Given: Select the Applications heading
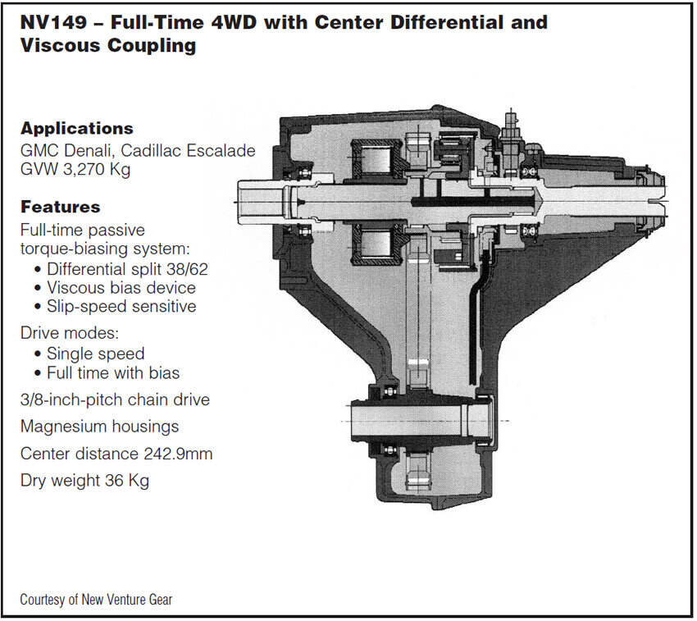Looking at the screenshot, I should click(76, 129).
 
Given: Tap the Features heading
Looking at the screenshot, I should click(60, 208).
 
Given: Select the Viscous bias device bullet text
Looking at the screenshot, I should click(121, 288).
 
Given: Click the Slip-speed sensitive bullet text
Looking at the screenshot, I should click(121, 307).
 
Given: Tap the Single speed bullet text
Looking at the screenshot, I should click(95, 354).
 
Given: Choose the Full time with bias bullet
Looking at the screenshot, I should click(113, 373).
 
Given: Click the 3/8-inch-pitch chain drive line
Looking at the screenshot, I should click(115, 400).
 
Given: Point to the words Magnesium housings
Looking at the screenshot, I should click(99, 427).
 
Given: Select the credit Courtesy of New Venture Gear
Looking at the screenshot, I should click(96, 600).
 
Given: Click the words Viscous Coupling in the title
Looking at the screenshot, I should click(107, 45).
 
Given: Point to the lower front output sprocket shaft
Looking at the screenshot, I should click(410, 421).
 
